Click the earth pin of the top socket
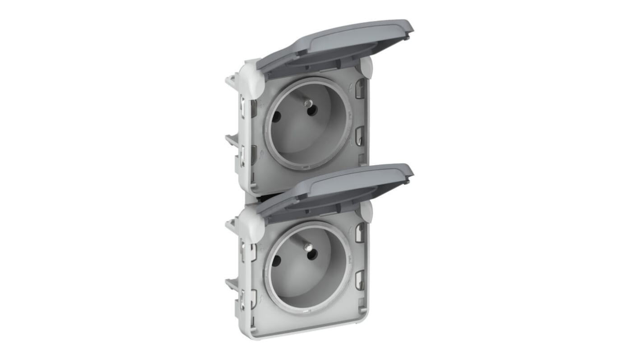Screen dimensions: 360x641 (x=308, y=104)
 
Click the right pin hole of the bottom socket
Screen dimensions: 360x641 (x=311, y=255)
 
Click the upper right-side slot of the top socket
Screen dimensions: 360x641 (x=359, y=88)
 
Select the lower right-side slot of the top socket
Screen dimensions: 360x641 (x=359, y=135)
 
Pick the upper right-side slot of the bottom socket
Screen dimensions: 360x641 (x=359, y=232)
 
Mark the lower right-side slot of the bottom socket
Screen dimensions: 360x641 (x=359, y=279)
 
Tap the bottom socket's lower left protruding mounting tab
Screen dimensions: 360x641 (x=232, y=284)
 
